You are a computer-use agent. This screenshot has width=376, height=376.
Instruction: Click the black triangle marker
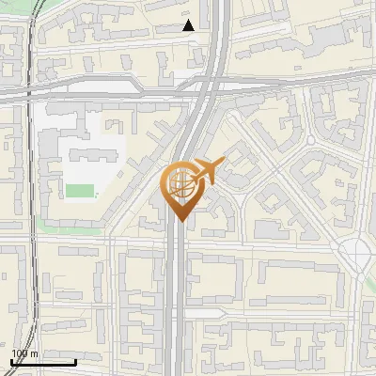(189, 25)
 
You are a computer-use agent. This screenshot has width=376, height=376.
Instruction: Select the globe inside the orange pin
(179, 185)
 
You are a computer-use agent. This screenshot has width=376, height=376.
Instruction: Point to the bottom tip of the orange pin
(179, 221)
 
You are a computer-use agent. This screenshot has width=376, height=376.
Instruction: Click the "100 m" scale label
(24, 353)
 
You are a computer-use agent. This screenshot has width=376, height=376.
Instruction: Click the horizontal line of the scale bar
(43, 362)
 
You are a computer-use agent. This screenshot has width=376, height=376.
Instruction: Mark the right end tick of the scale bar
(75, 360)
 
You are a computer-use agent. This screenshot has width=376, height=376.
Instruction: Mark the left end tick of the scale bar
(11, 360)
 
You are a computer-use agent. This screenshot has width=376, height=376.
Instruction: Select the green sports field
(80, 191)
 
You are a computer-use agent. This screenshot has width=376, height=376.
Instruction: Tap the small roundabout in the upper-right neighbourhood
(310, 140)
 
